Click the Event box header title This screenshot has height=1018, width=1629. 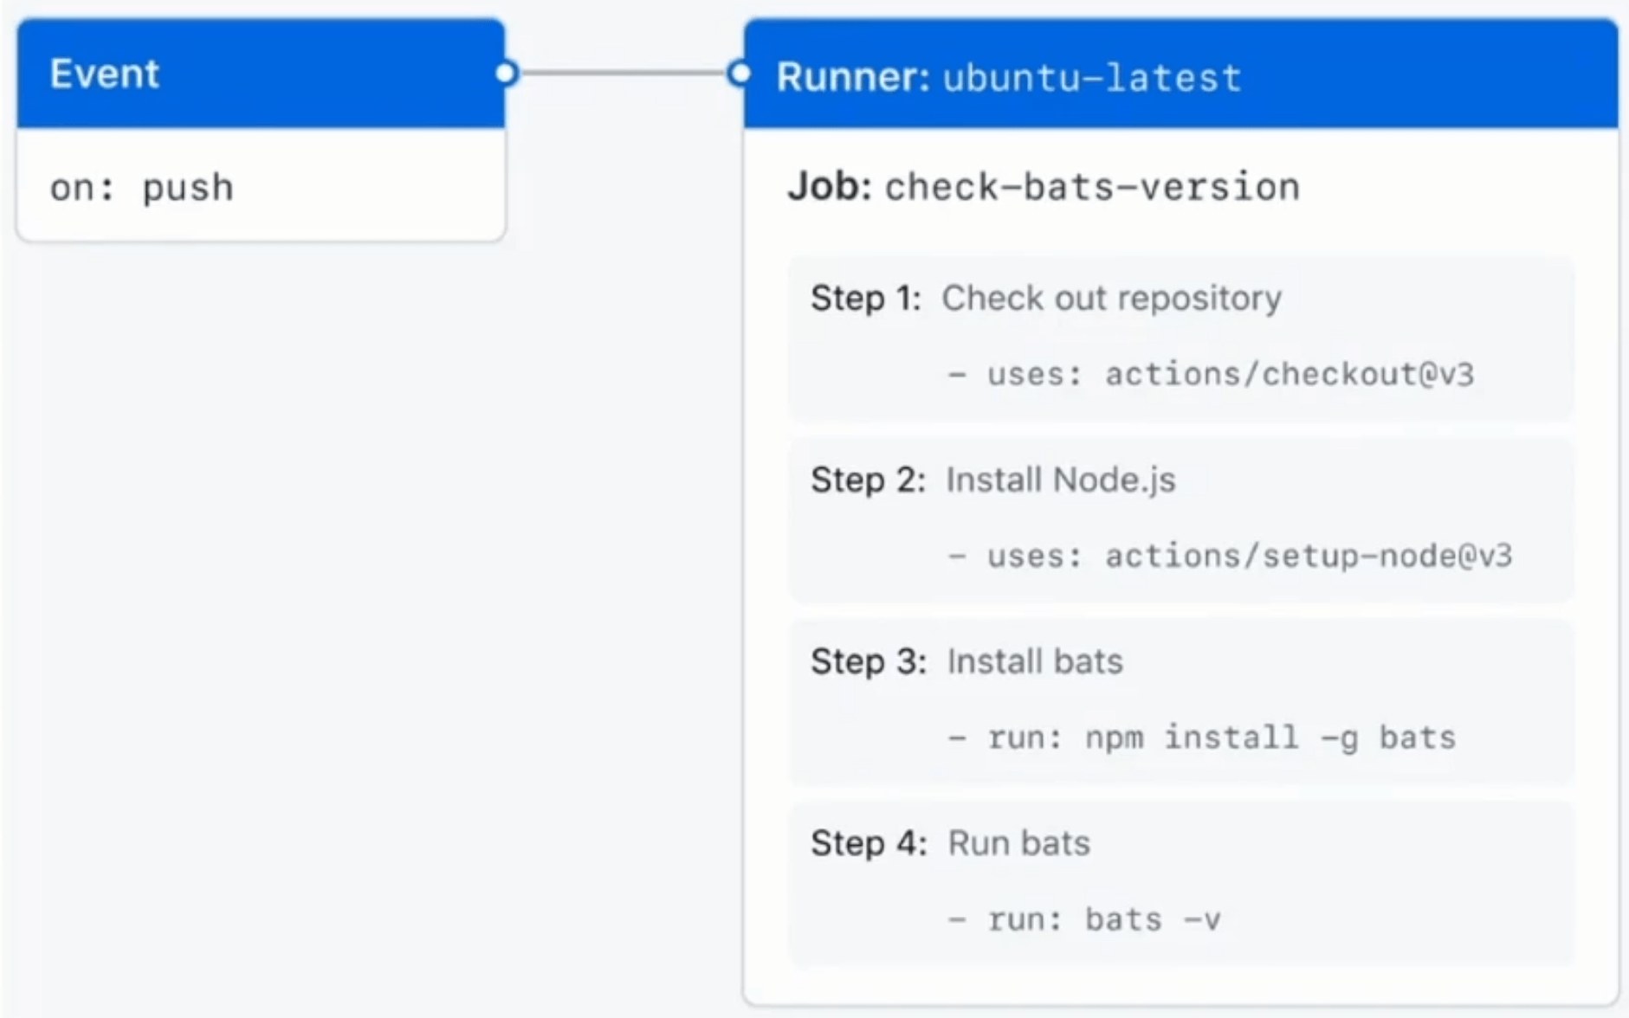coord(104,74)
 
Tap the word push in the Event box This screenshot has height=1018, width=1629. coord(188,188)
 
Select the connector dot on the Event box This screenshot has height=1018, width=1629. coord(507,74)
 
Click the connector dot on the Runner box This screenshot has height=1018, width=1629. coord(739,74)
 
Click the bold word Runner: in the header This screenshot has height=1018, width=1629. coord(852,77)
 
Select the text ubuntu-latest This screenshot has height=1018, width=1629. coord(1092,78)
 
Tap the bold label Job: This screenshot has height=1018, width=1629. coord(829,187)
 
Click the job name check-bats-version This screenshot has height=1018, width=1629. coord(1092,187)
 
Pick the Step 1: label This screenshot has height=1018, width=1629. coord(865,298)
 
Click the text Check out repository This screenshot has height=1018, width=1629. coord(1111,298)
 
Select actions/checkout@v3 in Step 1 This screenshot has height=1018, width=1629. coord(1289,374)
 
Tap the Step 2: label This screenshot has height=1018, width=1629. coord(867,480)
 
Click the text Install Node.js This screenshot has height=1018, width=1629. coord(1060,480)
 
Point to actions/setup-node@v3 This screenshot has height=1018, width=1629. coord(1308,556)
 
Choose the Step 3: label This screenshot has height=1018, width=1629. coord(868,661)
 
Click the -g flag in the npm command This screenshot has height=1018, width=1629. coord(1339,738)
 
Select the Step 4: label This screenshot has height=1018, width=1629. coord(868,843)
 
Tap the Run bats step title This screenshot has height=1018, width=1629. coord(1018,843)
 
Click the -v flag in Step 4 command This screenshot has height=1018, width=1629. coord(1201,919)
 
